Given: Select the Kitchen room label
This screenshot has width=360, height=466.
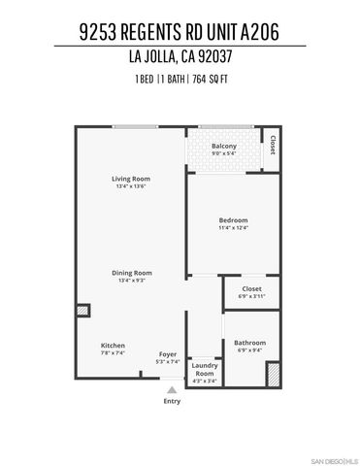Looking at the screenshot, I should tap(113, 346).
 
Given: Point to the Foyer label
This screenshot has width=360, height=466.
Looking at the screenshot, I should tap(167, 354).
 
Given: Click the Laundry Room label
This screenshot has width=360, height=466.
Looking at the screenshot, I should tap(204, 369).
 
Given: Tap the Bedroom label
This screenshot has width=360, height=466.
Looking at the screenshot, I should tap(234, 220).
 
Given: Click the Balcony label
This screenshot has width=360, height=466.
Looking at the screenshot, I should tap(224, 147).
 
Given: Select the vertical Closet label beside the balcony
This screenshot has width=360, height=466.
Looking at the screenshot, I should tap(273, 145).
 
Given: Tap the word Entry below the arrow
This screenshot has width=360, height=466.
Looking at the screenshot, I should tap(172, 401).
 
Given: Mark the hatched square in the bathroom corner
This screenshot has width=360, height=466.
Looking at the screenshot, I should tap(273, 375).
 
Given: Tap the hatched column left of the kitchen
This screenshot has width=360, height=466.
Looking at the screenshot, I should tap(82, 311).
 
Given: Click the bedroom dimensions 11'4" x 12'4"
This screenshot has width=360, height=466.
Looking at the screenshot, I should tap(234, 229).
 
